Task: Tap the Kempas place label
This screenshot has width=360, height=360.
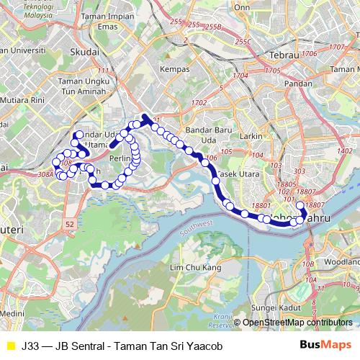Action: click(x=176, y=69)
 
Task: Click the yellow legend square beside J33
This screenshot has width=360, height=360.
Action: click(x=9, y=346)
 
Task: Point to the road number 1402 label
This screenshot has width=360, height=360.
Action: click(x=345, y=150)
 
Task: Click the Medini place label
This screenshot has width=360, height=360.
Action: click(x=12, y=314)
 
